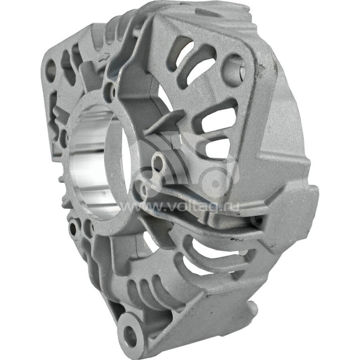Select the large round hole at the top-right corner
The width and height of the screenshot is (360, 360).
click(234, 66)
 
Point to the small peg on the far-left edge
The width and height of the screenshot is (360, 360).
click(60, 179)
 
